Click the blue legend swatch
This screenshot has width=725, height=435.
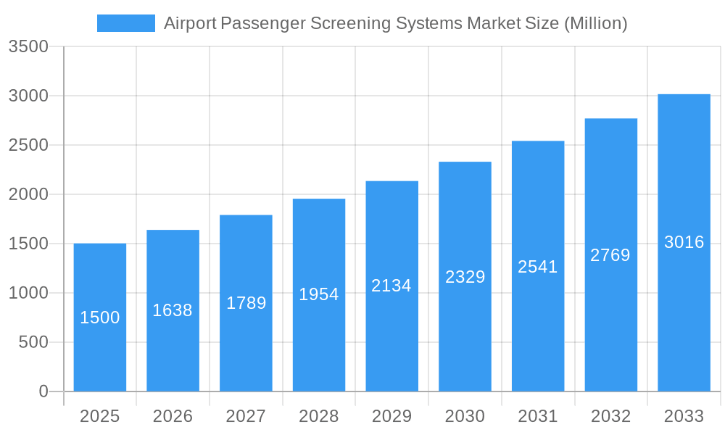click(125, 23)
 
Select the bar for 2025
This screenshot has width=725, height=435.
click(100, 348)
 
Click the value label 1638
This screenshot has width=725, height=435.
click(173, 310)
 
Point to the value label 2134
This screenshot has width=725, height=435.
click(391, 286)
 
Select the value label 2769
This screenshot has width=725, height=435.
click(610, 255)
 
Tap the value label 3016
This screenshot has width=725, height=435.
click(684, 242)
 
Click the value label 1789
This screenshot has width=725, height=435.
click(246, 303)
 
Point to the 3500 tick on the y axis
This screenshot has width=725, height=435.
click(28, 47)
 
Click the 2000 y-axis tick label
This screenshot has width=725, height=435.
click(28, 194)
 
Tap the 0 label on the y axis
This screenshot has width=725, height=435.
click(43, 391)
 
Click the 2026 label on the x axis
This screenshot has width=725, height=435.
click(173, 416)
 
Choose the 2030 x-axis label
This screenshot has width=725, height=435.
click(465, 416)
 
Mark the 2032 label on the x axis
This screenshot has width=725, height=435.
click(610, 416)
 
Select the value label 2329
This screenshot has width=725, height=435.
click(465, 277)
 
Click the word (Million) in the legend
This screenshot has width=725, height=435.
click(594, 23)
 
